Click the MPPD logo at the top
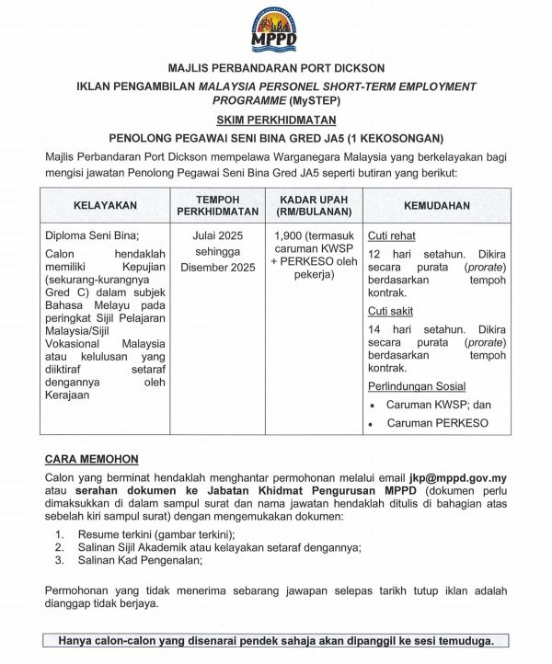274,29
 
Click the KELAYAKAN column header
106,206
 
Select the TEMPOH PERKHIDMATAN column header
218,206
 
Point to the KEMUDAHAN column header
436,206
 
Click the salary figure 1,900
291,235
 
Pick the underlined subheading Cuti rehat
391,235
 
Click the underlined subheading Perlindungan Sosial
417,386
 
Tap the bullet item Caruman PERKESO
437,424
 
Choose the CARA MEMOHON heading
92,459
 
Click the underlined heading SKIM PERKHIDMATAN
276,120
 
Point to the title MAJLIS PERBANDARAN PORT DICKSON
276,68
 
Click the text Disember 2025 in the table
218,268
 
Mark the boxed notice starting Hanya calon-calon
276,640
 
